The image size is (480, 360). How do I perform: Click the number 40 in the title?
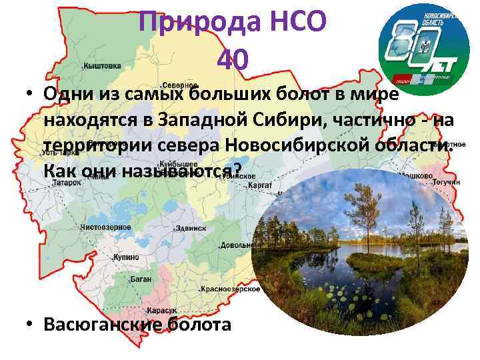tap(233, 61)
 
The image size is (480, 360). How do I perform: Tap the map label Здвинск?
tap(190, 228)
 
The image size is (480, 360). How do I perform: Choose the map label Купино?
tap(126, 257)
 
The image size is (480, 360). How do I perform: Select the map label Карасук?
tap(162, 311)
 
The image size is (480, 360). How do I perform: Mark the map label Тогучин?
tap(446, 182)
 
